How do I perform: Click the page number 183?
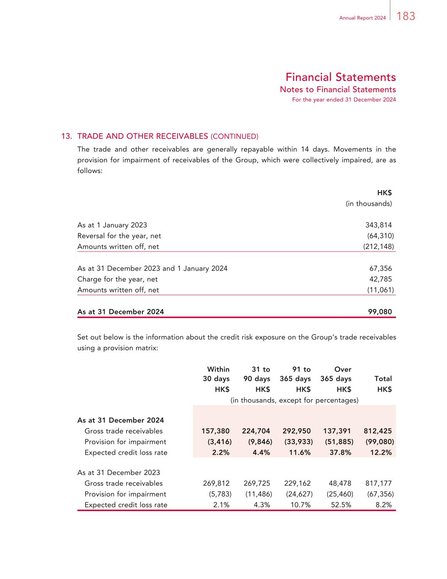pyautogui.click(x=406, y=17)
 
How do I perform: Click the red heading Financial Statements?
pyautogui.click(x=340, y=77)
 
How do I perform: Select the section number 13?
pyautogui.click(x=67, y=136)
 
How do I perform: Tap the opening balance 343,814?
pyautogui.click(x=378, y=225)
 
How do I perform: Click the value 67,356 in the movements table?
pyautogui.click(x=380, y=268)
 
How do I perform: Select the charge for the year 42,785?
pyautogui.click(x=380, y=279)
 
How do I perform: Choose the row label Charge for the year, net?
pyautogui.click(x=117, y=279)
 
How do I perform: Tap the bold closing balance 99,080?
pyautogui.click(x=380, y=312)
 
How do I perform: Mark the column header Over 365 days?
pyautogui.click(x=336, y=374)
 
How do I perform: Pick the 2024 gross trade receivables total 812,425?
pyautogui.click(x=378, y=431)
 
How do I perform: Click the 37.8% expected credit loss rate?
pyautogui.click(x=340, y=452)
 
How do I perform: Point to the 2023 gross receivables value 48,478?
pyautogui.click(x=340, y=483)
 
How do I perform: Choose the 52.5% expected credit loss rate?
pyautogui.click(x=340, y=505)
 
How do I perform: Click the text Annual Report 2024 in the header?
pyautogui.click(x=362, y=18)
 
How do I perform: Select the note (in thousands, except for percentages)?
pyautogui.click(x=294, y=400)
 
